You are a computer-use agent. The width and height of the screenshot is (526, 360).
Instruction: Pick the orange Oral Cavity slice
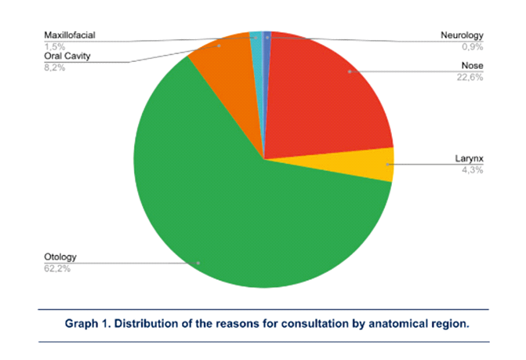tap(227, 75)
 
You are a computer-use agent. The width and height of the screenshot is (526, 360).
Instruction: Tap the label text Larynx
tap(470, 158)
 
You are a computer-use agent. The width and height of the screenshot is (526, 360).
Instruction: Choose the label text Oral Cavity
tap(66, 57)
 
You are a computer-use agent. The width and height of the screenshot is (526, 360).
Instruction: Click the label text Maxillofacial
tap(70, 36)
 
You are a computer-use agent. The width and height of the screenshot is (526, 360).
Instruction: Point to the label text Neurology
tap(462, 36)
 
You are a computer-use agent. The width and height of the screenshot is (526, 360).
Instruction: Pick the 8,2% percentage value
tap(54, 68)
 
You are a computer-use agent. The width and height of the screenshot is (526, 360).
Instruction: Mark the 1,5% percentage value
tap(54, 47)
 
